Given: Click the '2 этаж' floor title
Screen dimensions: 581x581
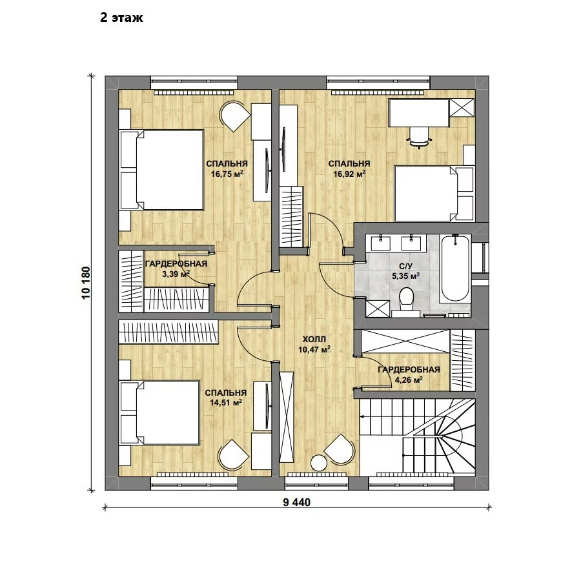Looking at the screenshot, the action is (x=121, y=18).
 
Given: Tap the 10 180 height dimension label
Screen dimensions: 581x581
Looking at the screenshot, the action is (x=86, y=283).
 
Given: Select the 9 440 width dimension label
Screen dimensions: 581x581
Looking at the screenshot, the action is (x=296, y=502).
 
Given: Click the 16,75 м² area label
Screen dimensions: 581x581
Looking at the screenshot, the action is (x=227, y=174).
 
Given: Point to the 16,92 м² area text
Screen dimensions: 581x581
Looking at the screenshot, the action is (x=349, y=174).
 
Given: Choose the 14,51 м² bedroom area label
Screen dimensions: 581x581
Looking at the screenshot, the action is (x=226, y=402).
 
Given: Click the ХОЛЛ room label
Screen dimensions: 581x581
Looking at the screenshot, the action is (x=314, y=340).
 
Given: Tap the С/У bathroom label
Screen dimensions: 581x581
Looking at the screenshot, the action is (x=406, y=267).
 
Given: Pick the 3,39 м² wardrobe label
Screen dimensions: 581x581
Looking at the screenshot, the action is (x=176, y=274).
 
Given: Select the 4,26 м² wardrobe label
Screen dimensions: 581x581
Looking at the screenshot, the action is (x=409, y=380).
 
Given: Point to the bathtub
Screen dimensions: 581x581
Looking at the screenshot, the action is (x=455, y=268).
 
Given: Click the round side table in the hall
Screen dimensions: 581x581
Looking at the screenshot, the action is (x=319, y=463).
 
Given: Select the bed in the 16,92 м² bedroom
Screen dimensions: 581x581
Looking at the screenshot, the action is (x=434, y=194).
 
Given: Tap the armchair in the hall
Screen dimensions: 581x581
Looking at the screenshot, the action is (x=340, y=449).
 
